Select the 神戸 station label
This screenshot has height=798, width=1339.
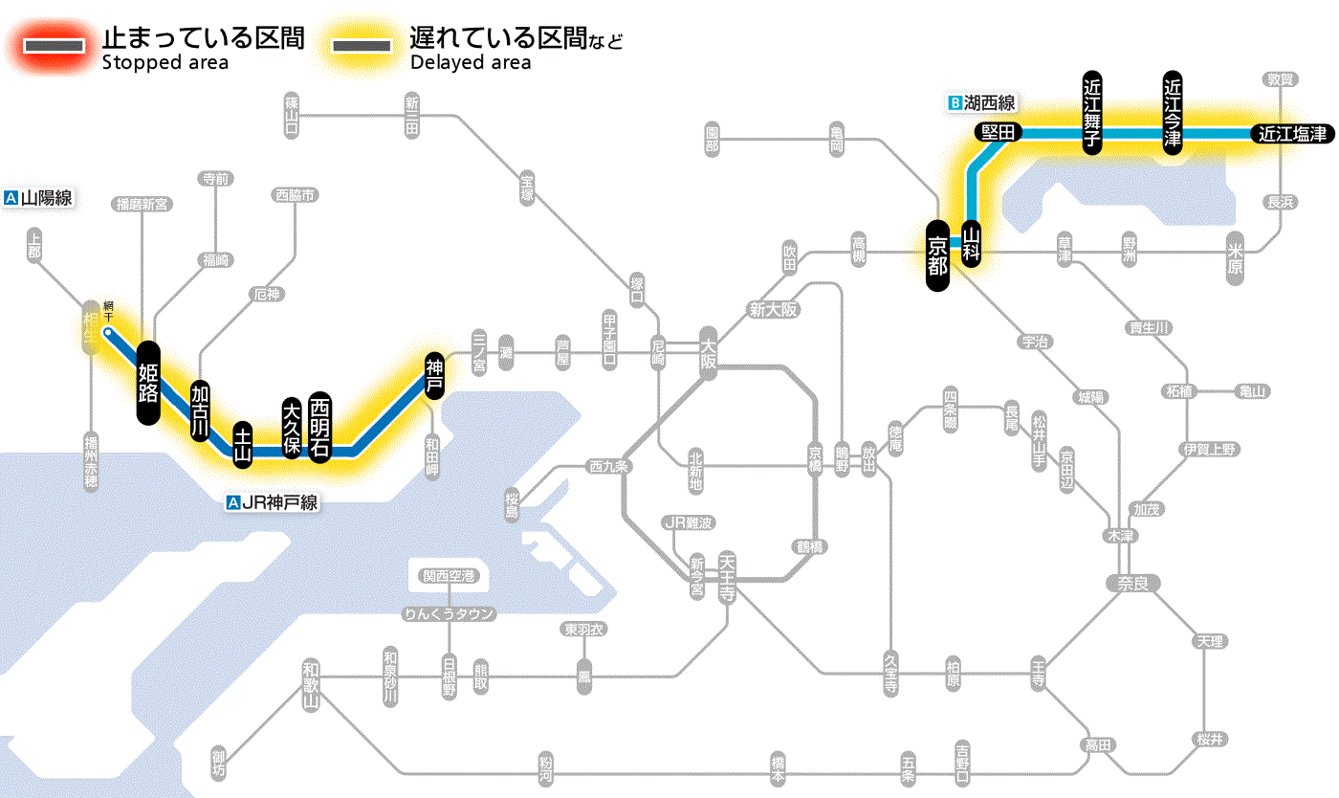coord(434,374)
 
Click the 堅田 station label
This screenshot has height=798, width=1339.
coord(999,133)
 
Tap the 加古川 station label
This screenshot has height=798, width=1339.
coord(200,410)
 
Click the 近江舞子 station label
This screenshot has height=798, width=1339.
coord(1092,112)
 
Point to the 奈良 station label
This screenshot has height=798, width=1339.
coord(1131,583)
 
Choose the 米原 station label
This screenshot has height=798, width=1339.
coord(1236,258)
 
